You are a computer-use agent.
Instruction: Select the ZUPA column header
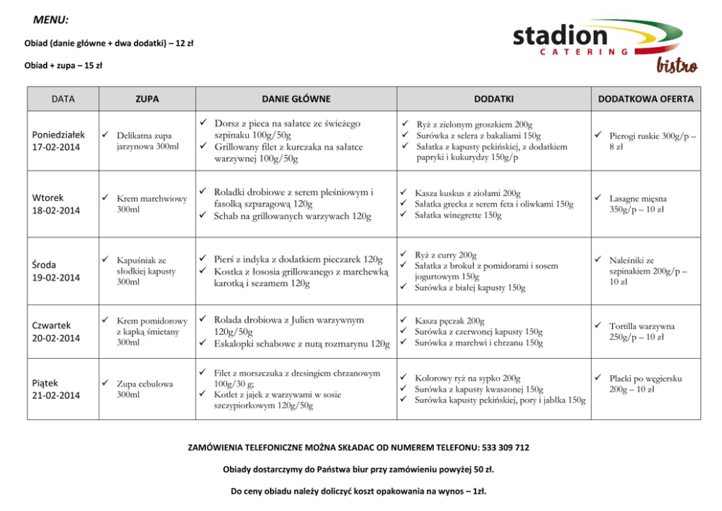147,99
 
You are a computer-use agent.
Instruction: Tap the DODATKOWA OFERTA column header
646,99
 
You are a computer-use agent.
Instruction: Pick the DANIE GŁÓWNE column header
296,99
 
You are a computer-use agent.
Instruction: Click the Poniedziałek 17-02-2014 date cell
59,140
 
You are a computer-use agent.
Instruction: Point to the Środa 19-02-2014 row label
56,271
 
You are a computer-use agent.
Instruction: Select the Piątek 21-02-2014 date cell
56,389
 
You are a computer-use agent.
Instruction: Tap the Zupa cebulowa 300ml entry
145,389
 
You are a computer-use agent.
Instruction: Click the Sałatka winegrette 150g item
458,215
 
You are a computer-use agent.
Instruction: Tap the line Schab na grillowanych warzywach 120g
292,216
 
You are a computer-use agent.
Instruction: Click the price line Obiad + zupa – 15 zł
63,66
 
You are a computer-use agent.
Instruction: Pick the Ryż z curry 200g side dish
445,255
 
